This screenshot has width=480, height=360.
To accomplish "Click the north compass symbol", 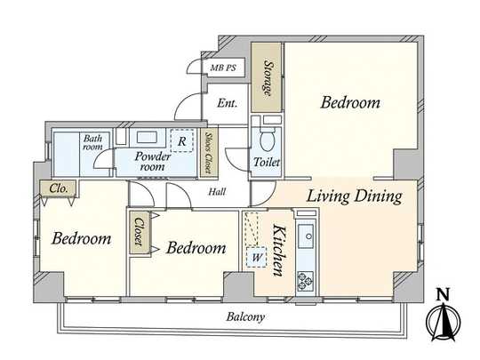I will [x=444, y=317].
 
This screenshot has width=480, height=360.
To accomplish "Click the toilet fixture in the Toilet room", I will [x=265, y=140].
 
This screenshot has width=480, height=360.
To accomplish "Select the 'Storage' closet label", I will [x=266, y=77].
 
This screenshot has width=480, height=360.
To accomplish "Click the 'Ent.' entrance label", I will [x=227, y=103].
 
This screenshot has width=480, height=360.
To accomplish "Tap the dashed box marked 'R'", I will [x=182, y=140].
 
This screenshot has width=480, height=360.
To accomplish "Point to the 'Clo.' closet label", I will [x=59, y=188].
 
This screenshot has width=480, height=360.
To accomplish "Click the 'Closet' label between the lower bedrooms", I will [x=140, y=234].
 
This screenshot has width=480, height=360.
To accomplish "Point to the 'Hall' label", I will [x=216, y=191].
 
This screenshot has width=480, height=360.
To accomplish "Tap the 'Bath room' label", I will [x=92, y=142].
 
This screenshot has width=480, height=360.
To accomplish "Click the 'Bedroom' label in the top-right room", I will [x=350, y=103].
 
